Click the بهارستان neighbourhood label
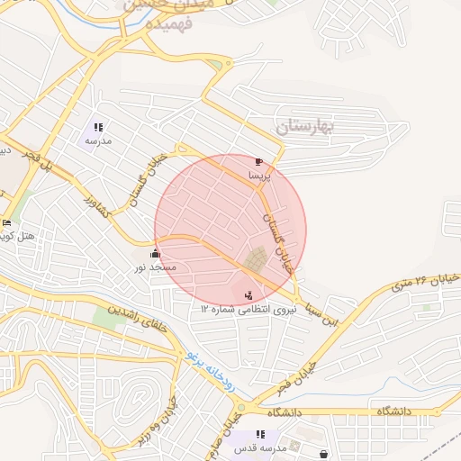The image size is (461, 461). (x=305, y=126)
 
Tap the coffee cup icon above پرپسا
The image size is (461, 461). (x=260, y=161)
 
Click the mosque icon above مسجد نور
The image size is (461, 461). (x=156, y=254)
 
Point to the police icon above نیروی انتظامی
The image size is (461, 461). (x=249, y=294)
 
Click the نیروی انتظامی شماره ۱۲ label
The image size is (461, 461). (x=249, y=308)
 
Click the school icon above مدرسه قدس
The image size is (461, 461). (x=260, y=435)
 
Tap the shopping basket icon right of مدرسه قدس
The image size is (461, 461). (x=322, y=454)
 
